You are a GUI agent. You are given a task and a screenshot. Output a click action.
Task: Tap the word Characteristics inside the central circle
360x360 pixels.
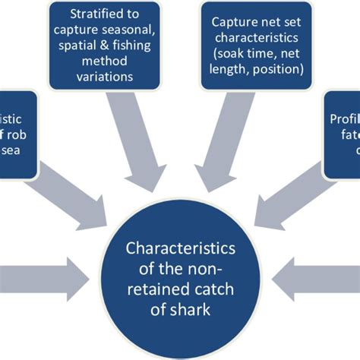(181, 248)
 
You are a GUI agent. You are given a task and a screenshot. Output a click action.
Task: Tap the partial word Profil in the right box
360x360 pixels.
(343, 118)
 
